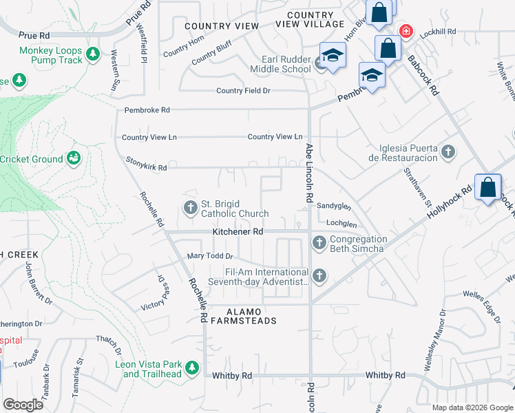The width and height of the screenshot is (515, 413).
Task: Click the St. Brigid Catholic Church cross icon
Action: tap(191, 206)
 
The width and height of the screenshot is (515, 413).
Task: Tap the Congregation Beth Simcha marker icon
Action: tap(318, 242)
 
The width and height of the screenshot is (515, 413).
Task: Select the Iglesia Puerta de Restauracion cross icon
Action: tap(448, 151)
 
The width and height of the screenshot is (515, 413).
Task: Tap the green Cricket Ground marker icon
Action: tap(72, 159)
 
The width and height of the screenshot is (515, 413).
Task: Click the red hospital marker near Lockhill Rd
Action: tap(406, 31)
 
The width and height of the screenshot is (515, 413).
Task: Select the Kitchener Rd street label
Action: tap(238, 233)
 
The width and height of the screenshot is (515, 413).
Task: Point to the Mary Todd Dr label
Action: tap(206, 257)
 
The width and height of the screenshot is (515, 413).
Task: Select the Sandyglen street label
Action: tap(334, 206)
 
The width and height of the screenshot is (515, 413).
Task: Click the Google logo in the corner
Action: tap(23, 404)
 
